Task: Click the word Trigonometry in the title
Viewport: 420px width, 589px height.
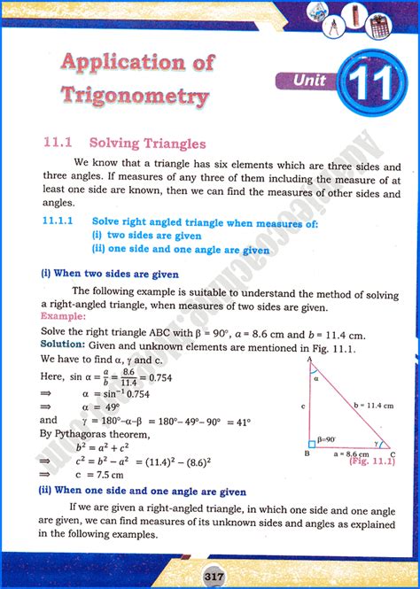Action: click(x=136, y=95)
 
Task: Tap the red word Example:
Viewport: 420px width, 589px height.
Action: click(x=63, y=316)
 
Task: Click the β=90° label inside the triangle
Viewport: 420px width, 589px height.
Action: click(x=329, y=439)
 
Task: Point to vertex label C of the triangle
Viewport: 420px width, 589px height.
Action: click(x=393, y=453)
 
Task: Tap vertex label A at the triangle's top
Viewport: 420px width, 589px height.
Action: click(x=307, y=361)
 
